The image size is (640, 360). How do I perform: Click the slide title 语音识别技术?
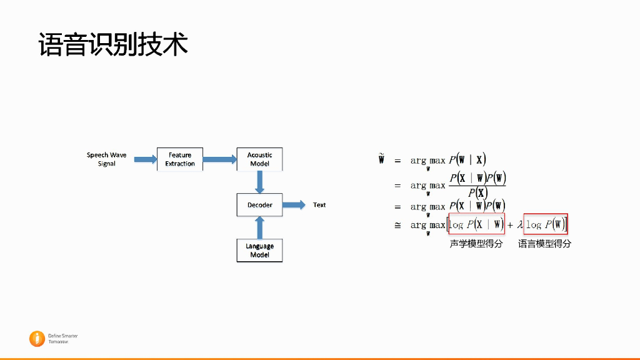click(113, 45)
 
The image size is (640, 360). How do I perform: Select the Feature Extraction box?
click(180, 159)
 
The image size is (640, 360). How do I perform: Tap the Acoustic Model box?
click(259, 159)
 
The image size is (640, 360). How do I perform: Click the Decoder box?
click(259, 205)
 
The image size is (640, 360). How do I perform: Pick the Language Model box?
click(259, 251)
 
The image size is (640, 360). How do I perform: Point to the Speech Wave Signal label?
click(106, 159)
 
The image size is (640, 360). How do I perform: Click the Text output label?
click(319, 205)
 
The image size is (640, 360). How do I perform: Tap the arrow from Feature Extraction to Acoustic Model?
click(219, 159)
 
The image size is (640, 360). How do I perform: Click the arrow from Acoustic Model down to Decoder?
click(260, 182)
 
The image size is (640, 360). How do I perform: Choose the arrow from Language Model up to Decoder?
click(260, 227)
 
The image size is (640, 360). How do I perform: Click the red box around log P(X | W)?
click(476, 224)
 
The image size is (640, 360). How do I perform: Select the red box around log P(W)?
click(546, 224)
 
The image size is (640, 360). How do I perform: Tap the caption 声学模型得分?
click(476, 244)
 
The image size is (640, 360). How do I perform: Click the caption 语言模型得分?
click(544, 244)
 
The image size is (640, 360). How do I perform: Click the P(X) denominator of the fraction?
click(477, 192)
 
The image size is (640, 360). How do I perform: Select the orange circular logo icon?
click(37, 338)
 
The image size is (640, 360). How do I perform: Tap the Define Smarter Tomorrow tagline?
click(62, 339)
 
